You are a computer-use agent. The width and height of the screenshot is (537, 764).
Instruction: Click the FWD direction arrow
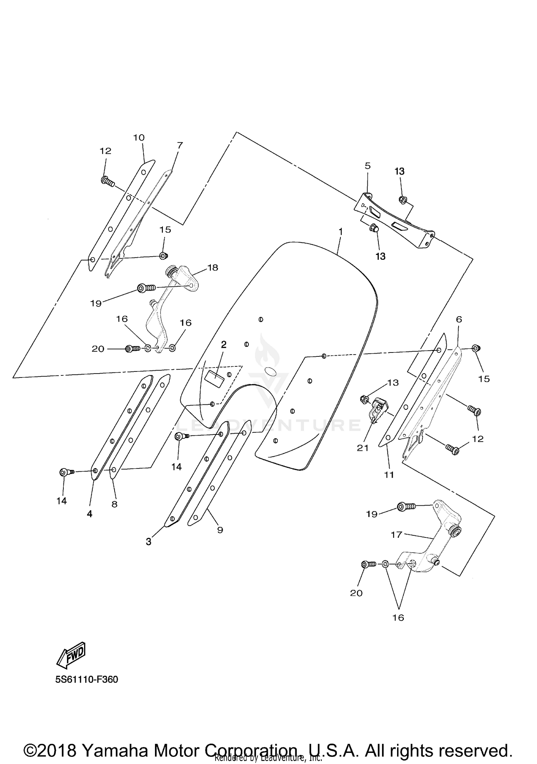tap(71, 654)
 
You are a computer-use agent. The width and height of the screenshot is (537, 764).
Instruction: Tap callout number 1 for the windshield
tap(340, 232)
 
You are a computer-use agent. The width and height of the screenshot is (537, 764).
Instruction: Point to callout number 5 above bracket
tap(368, 166)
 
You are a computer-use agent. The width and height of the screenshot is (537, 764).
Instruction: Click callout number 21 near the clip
tap(363, 448)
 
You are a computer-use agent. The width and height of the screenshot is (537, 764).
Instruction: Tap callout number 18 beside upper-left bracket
tap(213, 267)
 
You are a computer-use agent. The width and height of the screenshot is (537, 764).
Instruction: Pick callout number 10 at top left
tap(139, 137)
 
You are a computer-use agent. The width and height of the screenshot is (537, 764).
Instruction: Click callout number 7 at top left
tap(180, 145)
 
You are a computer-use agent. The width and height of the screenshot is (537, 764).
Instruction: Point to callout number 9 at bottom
tap(220, 530)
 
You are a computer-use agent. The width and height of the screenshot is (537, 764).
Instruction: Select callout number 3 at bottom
tap(149, 542)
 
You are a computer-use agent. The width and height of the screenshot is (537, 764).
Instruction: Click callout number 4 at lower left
tap(89, 514)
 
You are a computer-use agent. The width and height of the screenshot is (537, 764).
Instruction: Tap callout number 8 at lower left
tap(114, 504)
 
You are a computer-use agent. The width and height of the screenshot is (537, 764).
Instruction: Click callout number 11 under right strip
tap(389, 475)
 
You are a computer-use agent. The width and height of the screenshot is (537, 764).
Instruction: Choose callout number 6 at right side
tap(459, 319)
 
